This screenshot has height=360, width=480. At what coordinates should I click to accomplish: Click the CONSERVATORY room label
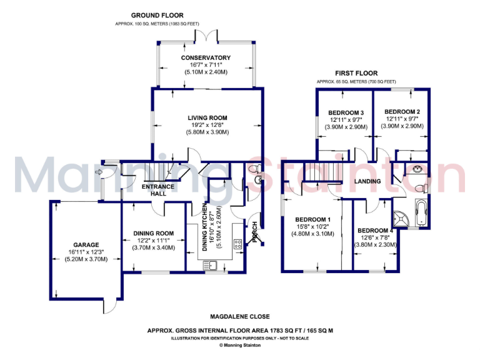click(x=206, y=58)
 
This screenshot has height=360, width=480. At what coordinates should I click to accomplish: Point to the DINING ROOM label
click(x=153, y=233)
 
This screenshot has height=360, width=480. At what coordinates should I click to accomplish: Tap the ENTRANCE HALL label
click(x=154, y=190)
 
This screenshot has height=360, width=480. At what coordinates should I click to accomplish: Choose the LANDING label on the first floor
click(x=367, y=181)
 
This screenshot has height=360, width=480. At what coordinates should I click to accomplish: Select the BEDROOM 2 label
click(x=402, y=112)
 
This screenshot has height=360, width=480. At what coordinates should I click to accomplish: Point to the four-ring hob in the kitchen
click(x=238, y=244)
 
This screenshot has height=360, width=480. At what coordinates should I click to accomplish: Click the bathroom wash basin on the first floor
click(x=416, y=170)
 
